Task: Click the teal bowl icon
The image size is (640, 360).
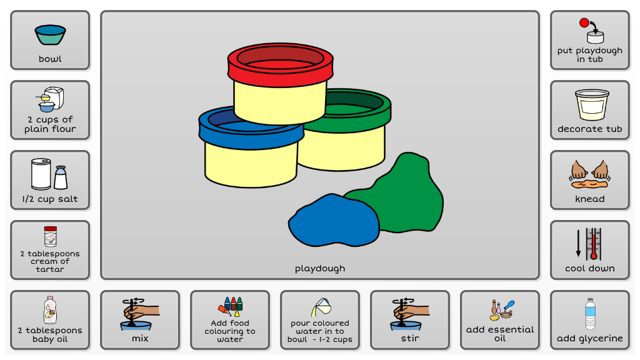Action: click(50, 34)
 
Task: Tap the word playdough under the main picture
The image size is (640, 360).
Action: click(320, 269)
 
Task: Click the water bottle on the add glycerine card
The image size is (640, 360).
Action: click(589, 313)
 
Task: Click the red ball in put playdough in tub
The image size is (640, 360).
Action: click(584, 23)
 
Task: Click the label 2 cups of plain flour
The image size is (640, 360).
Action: click(50, 124)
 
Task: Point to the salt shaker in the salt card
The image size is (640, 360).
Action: click(61, 177)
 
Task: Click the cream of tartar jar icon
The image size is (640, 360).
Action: click(50, 237)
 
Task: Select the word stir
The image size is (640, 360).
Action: click(410, 338)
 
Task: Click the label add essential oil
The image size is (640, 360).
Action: click(500, 334)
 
